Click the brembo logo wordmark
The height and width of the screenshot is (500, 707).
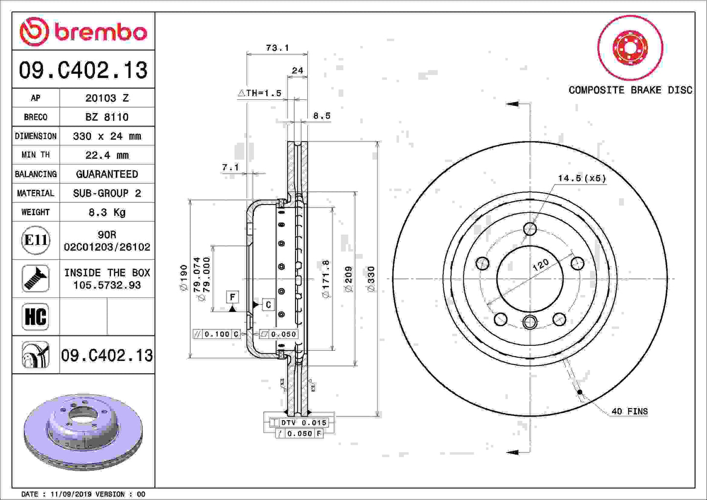tap(100, 32)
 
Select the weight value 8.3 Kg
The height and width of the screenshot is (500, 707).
tap(107, 212)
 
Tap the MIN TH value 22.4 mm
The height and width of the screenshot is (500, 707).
tap(107, 155)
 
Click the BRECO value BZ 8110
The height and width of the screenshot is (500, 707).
tap(107, 117)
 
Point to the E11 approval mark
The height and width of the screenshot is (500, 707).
tap(36, 240)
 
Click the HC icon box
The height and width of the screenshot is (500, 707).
tap(36, 317)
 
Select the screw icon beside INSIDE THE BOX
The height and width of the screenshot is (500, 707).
tap(36, 278)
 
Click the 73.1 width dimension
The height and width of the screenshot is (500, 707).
tap(277, 48)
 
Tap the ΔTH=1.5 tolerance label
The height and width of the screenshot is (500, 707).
tap(260, 93)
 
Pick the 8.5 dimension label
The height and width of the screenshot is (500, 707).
tap(321, 116)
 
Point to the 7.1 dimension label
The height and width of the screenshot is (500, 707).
tap(230, 167)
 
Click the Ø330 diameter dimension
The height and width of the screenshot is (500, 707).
tap(371, 279)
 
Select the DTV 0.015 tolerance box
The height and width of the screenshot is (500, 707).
tap(299, 423)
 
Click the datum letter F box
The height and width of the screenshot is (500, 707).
tap(232, 297)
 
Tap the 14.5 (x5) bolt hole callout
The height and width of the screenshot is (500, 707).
tap(581, 179)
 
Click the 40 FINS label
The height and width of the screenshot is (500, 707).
tap(629, 411)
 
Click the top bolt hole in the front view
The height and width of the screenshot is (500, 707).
tap(530, 228)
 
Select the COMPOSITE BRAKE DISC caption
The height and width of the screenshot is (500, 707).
tap(630, 90)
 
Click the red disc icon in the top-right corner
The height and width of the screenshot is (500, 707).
tap(630, 48)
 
